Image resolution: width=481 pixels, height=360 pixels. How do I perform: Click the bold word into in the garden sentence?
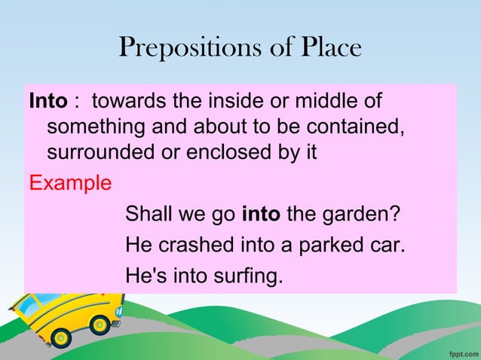click(x=262, y=214)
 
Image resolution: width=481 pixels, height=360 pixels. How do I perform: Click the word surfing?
click(x=250, y=277)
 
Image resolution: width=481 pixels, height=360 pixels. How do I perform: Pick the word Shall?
click(x=149, y=214)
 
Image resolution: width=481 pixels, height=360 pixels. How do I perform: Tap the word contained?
click(x=353, y=126)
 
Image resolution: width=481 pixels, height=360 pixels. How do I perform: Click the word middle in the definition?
click(x=329, y=101)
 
